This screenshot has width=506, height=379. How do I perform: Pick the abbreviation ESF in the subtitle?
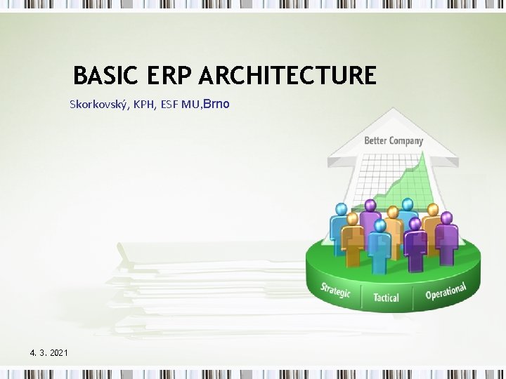coord(168,105)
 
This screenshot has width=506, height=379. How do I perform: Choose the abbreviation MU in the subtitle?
coord(190,105)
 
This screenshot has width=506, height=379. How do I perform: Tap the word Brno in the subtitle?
coord(216,105)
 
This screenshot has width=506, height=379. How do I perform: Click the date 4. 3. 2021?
coord(49,352)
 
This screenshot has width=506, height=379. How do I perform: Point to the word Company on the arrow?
coord(408,140)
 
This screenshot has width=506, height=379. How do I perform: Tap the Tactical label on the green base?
coord(386,298)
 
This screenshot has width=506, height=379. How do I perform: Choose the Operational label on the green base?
coord(446,290)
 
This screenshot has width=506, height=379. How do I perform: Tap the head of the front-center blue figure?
coord(380,226)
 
